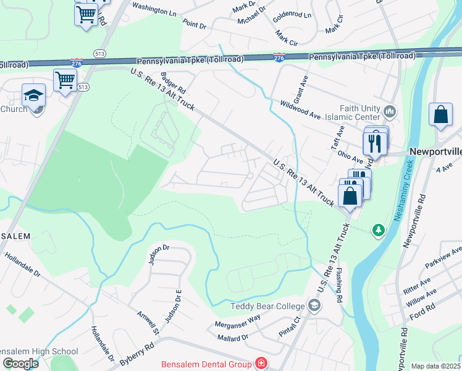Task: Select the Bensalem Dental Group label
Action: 206,364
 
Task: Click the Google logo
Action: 20,364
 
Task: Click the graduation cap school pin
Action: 33,95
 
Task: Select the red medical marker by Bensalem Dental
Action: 261,364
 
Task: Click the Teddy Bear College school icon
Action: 314,305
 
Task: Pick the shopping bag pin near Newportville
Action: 440,114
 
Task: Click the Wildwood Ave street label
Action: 300,111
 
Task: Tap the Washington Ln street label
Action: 154,11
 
